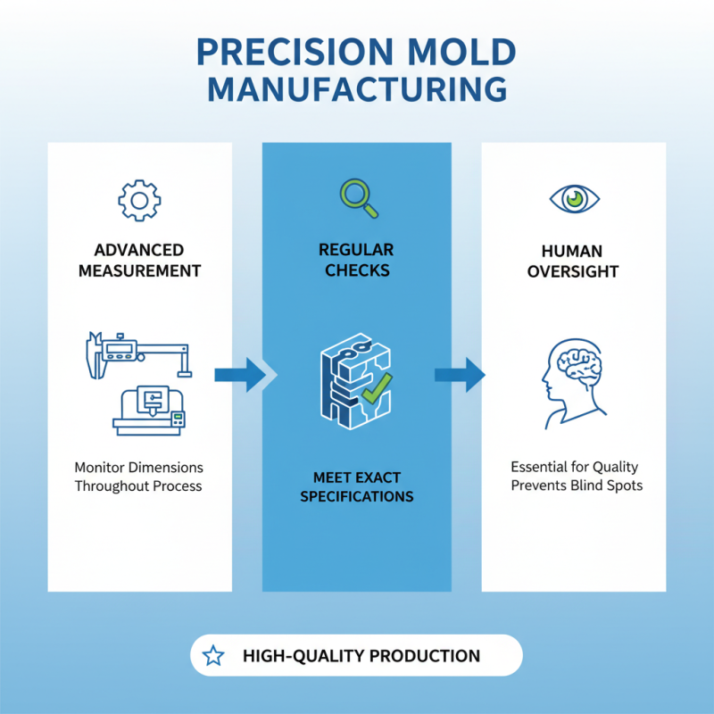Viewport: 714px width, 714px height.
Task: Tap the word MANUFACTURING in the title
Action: pos(357,90)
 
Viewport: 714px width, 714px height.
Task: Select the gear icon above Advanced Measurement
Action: pos(139,200)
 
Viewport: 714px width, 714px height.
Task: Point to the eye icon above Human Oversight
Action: pos(573,198)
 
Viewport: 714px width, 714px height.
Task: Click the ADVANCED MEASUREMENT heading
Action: pos(139,260)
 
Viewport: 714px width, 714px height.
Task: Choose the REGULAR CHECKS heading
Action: pos(357,260)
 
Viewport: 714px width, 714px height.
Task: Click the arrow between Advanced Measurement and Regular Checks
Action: pos(239,374)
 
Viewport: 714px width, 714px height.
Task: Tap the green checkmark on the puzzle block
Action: pos(378,386)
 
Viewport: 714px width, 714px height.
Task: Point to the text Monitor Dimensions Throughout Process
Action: pos(138,477)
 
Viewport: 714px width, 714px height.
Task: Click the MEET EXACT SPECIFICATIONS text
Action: pos(357,486)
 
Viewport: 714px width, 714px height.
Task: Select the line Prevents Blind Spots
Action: pos(577,486)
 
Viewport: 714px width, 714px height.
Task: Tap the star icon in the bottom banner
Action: pos(213,656)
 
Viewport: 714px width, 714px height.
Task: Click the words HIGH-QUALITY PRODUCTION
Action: pos(361,656)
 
